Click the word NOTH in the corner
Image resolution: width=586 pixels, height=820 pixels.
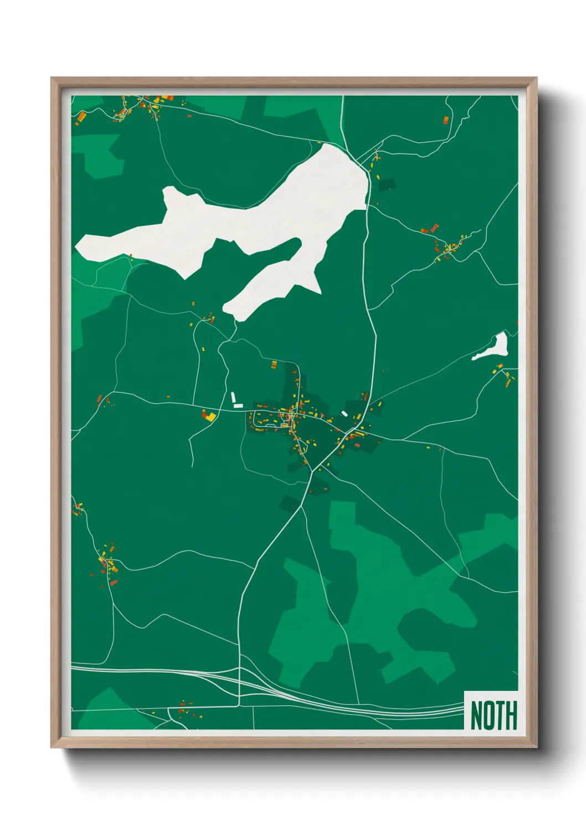(493, 715)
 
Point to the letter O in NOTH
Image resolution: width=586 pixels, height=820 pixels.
(488, 715)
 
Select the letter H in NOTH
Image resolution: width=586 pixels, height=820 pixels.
(511, 715)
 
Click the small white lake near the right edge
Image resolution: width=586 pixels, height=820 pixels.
(495, 347)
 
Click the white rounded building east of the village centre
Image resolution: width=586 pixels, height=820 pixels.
(345, 413)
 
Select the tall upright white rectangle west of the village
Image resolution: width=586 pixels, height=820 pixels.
(233, 397)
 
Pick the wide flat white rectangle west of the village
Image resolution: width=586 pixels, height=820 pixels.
(238, 406)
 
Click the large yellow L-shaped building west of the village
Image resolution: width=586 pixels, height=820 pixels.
(210, 417)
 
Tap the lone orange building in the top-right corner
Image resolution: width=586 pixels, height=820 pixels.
(446, 119)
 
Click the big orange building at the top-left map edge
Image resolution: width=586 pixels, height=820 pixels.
(81, 117)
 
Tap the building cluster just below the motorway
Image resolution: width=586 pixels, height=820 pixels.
(183, 708)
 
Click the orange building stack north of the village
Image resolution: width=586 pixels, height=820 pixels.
(274, 364)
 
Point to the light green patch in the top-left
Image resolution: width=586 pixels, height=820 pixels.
(100, 155)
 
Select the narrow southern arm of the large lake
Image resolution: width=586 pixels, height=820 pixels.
(266, 288)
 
